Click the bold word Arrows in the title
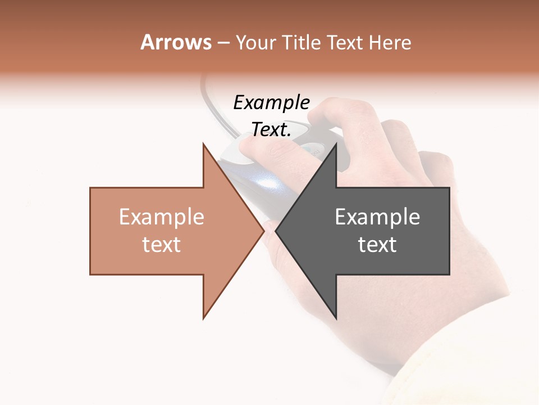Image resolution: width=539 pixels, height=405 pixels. (176, 42)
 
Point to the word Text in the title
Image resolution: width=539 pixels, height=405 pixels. (344, 43)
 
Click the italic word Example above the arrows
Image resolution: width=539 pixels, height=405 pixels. (271, 103)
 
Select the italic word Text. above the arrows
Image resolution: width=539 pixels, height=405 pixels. (271, 130)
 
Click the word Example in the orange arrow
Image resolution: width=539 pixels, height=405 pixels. (161, 217)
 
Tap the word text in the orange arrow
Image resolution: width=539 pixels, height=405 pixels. (161, 245)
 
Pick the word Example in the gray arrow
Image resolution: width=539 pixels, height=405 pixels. (377, 217)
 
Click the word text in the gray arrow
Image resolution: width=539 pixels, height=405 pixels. (377, 245)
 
